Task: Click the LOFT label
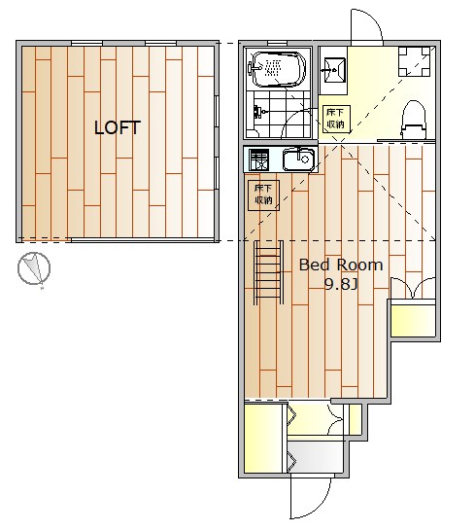pos(118,127)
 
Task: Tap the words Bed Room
pos(341,265)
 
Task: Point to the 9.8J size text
pos(341,284)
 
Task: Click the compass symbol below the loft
pos(34,267)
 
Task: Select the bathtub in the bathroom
pos(279,69)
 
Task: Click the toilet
pos(413,120)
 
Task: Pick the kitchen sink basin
pos(299,159)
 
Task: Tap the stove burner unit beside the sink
pos(258,159)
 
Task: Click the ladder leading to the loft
pos(269,272)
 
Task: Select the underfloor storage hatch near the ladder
pos(263,195)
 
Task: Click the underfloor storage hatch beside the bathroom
pos(336,119)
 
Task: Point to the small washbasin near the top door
pos(335,70)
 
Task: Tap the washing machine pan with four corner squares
pos(414,61)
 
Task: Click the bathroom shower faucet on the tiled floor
pos(259,112)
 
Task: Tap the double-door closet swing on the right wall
pos(413,288)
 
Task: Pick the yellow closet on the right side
pos(413,320)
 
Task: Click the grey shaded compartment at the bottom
pos(317,457)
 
